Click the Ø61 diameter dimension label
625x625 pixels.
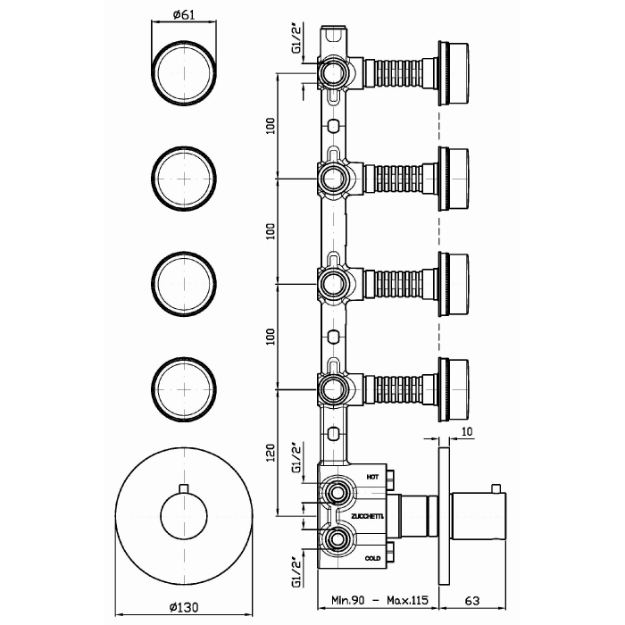(x=184, y=15)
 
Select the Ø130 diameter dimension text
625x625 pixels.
(x=184, y=607)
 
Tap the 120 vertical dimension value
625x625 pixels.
(x=271, y=453)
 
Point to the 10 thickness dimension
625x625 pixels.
(x=467, y=431)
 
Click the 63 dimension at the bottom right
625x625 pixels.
(x=472, y=600)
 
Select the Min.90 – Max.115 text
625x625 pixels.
(x=379, y=600)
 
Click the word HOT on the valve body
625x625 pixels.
(x=372, y=477)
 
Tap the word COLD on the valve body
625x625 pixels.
(x=372, y=558)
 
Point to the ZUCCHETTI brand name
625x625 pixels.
(x=367, y=517)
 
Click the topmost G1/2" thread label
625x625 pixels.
(x=296, y=38)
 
